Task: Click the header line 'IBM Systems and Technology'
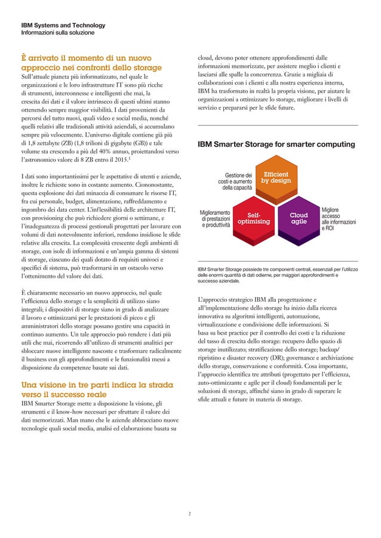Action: (x=63, y=26)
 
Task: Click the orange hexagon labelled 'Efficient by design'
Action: (x=276, y=178)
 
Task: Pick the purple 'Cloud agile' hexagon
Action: (x=299, y=218)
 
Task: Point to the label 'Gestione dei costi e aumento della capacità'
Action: (x=235, y=181)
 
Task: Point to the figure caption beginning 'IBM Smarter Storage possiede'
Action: (x=277, y=277)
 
